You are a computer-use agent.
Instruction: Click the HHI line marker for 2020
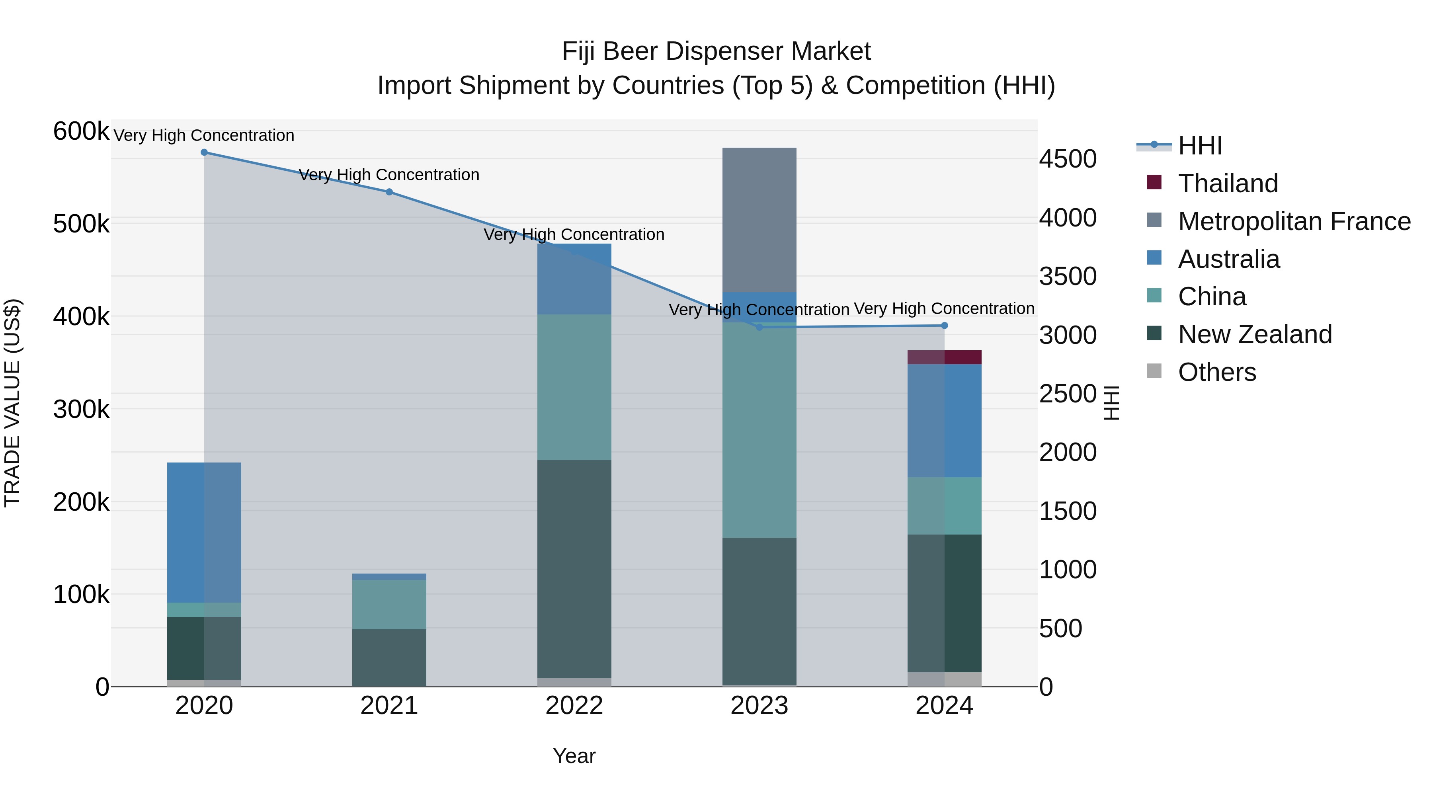(x=204, y=152)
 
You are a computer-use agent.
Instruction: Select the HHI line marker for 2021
(x=389, y=192)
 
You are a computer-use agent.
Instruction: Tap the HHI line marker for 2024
(x=944, y=326)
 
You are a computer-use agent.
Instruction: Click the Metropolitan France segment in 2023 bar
(x=759, y=220)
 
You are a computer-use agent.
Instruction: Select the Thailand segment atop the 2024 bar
(x=944, y=357)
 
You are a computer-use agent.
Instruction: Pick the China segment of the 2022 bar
(x=574, y=387)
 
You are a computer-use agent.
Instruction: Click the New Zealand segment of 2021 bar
(x=389, y=658)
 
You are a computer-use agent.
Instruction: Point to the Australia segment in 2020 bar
(x=204, y=532)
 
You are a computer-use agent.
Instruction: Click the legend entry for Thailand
(x=1228, y=183)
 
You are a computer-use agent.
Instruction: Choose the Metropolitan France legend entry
(x=1294, y=221)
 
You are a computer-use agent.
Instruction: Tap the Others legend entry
(x=1216, y=372)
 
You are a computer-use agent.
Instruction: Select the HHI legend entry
(x=1199, y=146)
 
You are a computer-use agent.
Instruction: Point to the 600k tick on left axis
(x=81, y=132)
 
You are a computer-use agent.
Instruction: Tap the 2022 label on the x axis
(x=574, y=706)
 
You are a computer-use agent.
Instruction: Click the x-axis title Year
(x=574, y=756)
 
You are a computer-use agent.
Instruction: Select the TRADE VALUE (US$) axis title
(x=12, y=403)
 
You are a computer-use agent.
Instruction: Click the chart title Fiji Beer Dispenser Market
(x=716, y=51)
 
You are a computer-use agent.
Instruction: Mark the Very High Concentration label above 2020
(x=204, y=135)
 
